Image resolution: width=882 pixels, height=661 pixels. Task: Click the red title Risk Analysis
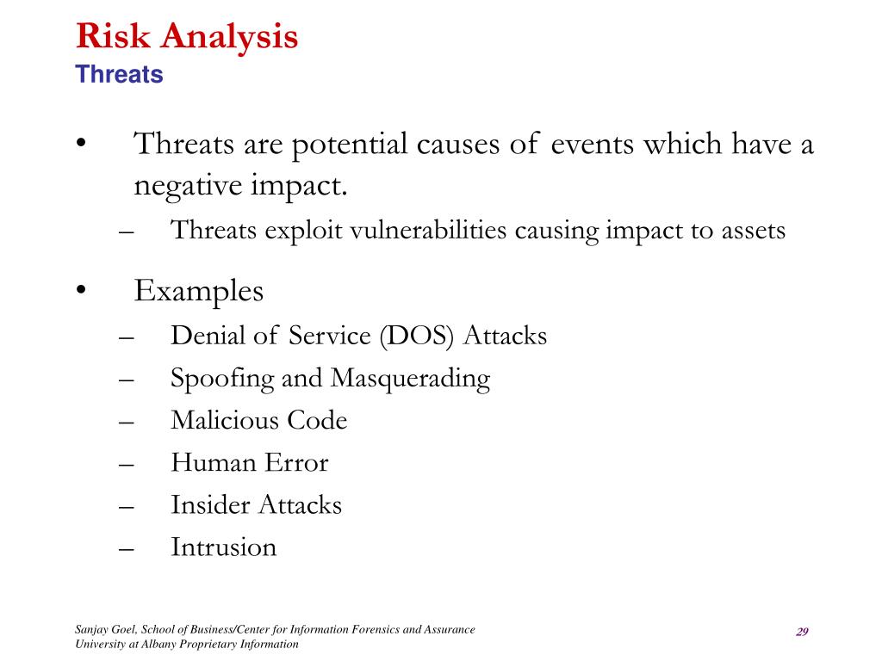pyautogui.click(x=187, y=37)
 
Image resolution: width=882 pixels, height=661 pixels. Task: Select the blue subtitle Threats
pyautogui.click(x=119, y=74)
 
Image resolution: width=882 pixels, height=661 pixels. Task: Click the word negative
pyautogui.click(x=188, y=186)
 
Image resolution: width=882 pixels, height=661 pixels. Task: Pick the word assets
pyautogui.click(x=753, y=232)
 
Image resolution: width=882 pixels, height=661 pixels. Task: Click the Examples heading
pyautogui.click(x=199, y=292)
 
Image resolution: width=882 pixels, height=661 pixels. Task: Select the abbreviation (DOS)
pyautogui.click(x=417, y=337)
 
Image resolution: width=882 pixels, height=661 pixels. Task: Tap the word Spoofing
pyautogui.click(x=222, y=379)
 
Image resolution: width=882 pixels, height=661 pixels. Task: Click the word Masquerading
pyautogui.click(x=410, y=379)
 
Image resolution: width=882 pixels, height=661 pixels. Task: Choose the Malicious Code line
pyautogui.click(x=258, y=420)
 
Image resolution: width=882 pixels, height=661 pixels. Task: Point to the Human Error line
pyautogui.click(x=250, y=462)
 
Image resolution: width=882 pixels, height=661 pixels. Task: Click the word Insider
pyautogui.click(x=210, y=504)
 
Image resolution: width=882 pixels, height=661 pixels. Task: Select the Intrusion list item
pyautogui.click(x=223, y=547)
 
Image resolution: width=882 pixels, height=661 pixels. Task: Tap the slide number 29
pyautogui.click(x=802, y=632)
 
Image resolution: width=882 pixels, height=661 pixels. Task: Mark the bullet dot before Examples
pyautogui.click(x=82, y=290)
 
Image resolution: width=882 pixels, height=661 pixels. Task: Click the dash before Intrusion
pyautogui.click(x=127, y=549)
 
